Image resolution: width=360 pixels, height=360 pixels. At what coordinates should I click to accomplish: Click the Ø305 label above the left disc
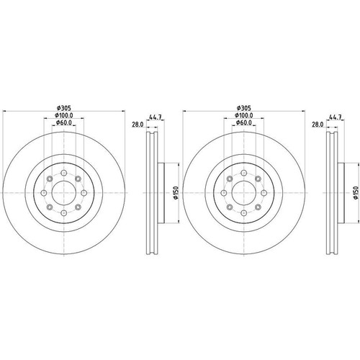pos(64,108)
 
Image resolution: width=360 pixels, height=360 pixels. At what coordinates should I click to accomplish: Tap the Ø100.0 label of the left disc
pos(64,115)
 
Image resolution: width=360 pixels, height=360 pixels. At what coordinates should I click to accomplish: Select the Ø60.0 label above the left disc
pos(64,122)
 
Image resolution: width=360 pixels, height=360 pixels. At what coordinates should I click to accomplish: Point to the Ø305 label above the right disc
pos(244,108)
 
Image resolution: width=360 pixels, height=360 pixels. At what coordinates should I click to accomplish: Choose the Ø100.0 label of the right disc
pos(244,115)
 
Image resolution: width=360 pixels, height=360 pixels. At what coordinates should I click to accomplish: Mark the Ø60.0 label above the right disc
pos(244,122)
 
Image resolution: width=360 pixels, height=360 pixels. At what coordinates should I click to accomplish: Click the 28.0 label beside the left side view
pos(138,125)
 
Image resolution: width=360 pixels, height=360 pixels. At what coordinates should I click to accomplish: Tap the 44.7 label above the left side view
pos(156,117)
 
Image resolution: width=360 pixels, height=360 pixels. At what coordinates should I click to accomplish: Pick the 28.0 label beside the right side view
pos(318,125)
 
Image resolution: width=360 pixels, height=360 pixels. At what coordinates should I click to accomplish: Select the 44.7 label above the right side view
pos(336,117)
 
